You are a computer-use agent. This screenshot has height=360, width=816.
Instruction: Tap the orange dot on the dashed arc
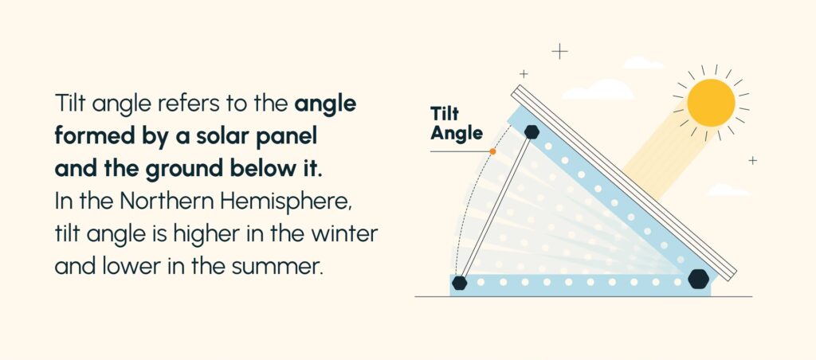click(493, 151)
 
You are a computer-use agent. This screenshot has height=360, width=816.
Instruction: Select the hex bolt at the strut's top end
click(532, 131)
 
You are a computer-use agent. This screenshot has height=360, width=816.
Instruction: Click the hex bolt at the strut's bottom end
click(459, 283)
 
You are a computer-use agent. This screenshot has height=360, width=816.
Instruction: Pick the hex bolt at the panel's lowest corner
click(698, 278)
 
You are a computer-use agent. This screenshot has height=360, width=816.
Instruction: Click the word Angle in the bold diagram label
click(457, 134)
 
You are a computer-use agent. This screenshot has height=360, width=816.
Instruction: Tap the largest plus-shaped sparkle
click(560, 52)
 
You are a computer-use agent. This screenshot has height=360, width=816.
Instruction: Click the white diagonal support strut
click(496, 206)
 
